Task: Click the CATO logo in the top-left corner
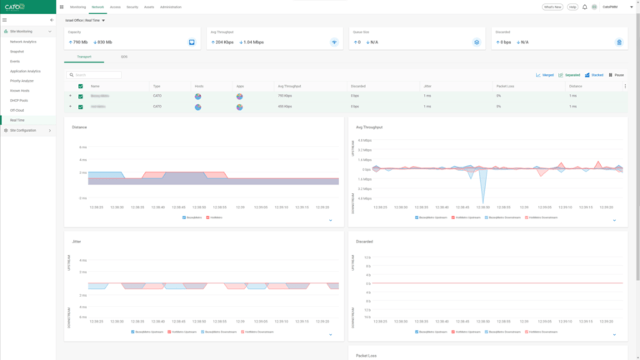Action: [15, 7]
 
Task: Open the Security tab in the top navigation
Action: [132, 7]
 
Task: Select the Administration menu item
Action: [170, 7]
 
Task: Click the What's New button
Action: [552, 7]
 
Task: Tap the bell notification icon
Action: [585, 7]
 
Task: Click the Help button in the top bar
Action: [572, 7]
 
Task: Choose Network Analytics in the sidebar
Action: [23, 41]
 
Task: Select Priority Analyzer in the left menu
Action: [22, 81]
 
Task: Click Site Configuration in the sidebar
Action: [23, 131]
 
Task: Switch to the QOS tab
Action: [124, 57]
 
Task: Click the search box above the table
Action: [96, 75]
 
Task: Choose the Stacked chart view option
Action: [595, 75]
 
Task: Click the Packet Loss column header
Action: [505, 86]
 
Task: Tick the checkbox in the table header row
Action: [81, 86]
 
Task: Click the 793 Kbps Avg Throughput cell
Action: [285, 96]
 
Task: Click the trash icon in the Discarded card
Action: [618, 41]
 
